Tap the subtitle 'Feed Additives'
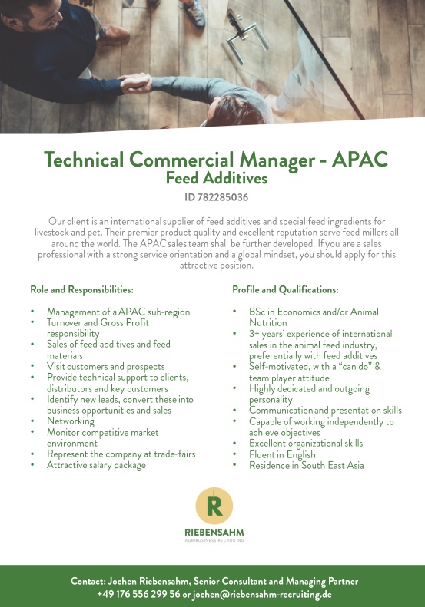point(217,179)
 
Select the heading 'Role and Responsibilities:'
point(82,290)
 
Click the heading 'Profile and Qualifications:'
point(285,290)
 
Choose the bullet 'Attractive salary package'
point(96,465)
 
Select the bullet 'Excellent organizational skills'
point(306,444)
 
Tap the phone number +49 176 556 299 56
point(138,594)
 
